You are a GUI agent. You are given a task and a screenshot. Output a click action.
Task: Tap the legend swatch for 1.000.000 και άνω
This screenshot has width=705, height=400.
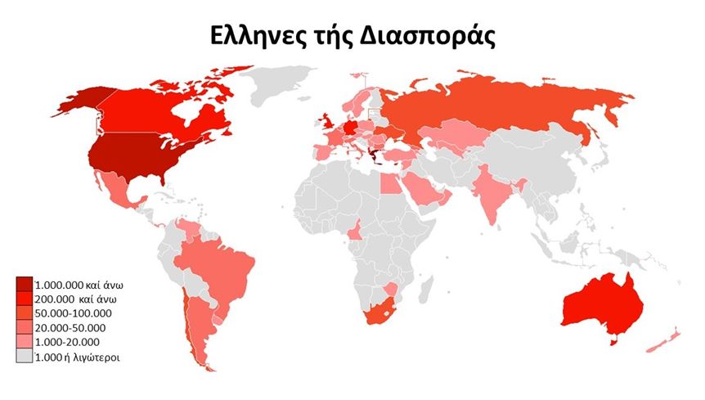(25, 285)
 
